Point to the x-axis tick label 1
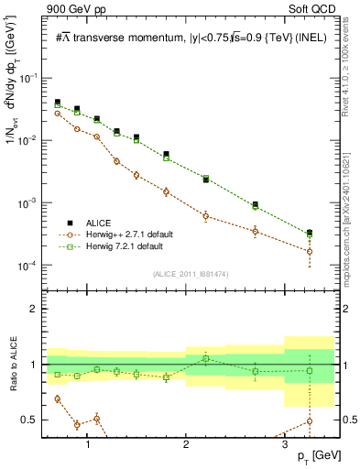click(x=88, y=443)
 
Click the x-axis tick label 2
click(x=186, y=443)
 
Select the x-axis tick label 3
click(x=284, y=443)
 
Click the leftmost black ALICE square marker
click(x=58, y=103)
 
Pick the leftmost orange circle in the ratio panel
click(x=58, y=398)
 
